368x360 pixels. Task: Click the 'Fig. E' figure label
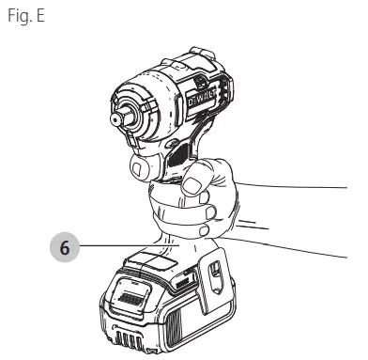click(26, 16)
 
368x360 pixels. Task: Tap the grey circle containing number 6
click(65, 247)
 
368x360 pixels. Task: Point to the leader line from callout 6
click(130, 246)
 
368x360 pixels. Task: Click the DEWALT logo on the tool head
click(202, 98)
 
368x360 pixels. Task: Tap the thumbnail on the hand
click(191, 186)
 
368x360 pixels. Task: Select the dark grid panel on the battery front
click(131, 299)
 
